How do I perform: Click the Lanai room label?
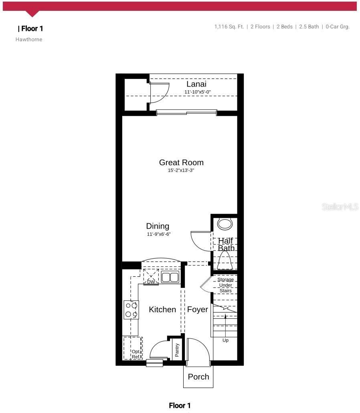[196, 84]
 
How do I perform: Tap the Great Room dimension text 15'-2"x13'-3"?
[181, 170]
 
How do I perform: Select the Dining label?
[158, 226]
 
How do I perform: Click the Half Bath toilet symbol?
[225, 261]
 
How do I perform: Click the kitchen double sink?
[170, 277]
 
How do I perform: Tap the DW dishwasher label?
[151, 282]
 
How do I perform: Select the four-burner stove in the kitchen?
[131, 310]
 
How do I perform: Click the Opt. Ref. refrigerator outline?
[133, 348]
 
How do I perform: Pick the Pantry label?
[177, 349]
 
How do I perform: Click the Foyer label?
[198, 310]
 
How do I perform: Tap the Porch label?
[198, 377]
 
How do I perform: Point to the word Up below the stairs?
[225, 340]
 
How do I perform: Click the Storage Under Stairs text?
[225, 285]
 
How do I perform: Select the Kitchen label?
[162, 310]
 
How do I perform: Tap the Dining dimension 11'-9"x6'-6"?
[159, 234]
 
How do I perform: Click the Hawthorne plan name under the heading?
[29, 39]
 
